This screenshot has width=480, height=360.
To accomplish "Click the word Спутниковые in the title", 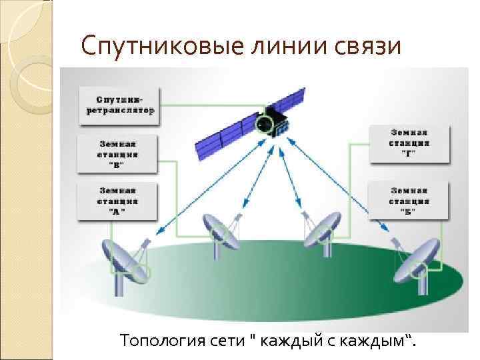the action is click(x=142, y=47).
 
